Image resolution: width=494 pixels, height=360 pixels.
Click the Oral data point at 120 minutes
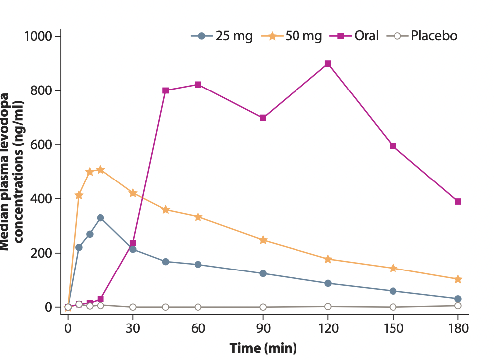(x=328, y=64)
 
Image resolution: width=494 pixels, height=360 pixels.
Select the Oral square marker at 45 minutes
(x=165, y=90)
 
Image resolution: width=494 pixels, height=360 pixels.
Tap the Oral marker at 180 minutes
(x=458, y=201)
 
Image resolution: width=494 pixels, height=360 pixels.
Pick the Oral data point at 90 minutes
(x=263, y=118)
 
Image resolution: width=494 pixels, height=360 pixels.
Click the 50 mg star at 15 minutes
(x=100, y=170)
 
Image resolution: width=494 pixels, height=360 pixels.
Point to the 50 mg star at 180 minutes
(x=458, y=279)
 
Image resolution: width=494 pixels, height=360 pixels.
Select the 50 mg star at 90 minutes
(x=263, y=240)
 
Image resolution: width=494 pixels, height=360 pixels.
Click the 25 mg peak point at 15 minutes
(x=100, y=218)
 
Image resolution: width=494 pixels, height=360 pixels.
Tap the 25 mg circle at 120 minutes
(x=328, y=283)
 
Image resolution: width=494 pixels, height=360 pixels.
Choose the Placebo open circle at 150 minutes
(x=393, y=307)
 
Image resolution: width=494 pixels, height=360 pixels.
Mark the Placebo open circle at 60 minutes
(x=198, y=307)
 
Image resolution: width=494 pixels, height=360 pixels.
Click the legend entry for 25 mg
(x=221, y=36)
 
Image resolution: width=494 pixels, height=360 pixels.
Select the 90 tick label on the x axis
(x=263, y=328)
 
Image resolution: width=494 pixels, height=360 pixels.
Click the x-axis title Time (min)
(x=263, y=348)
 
